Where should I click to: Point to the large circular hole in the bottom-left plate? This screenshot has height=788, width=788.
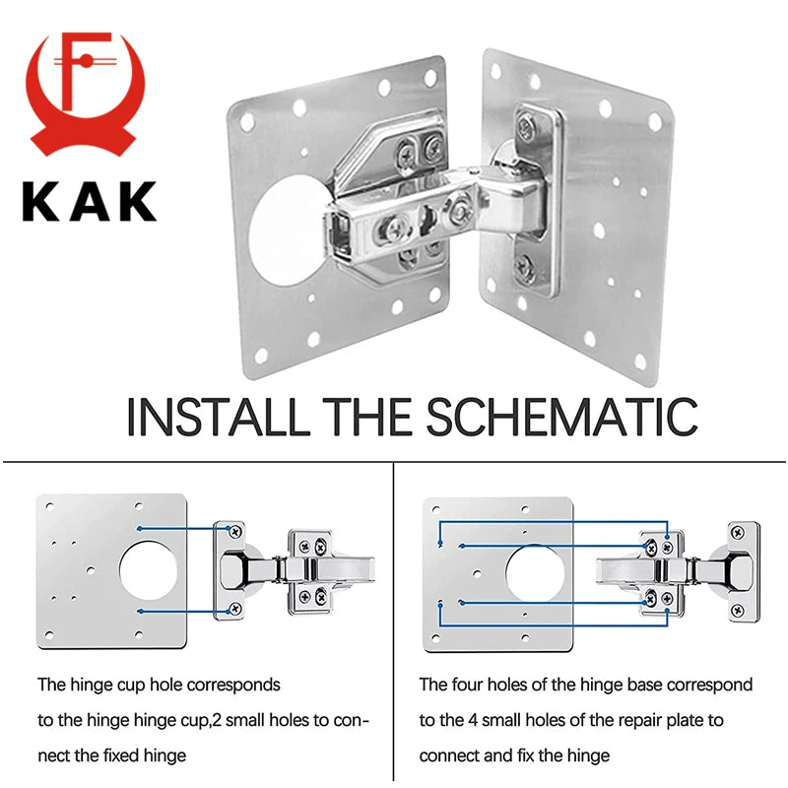coord(152,571)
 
